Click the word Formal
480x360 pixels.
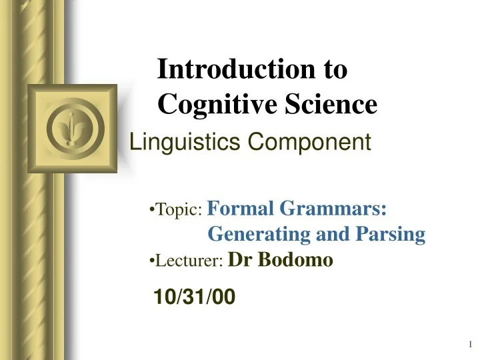[x=241, y=210]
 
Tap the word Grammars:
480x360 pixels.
[x=333, y=210]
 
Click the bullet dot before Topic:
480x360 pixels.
[x=151, y=211]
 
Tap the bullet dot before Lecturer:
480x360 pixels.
[x=151, y=261]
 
